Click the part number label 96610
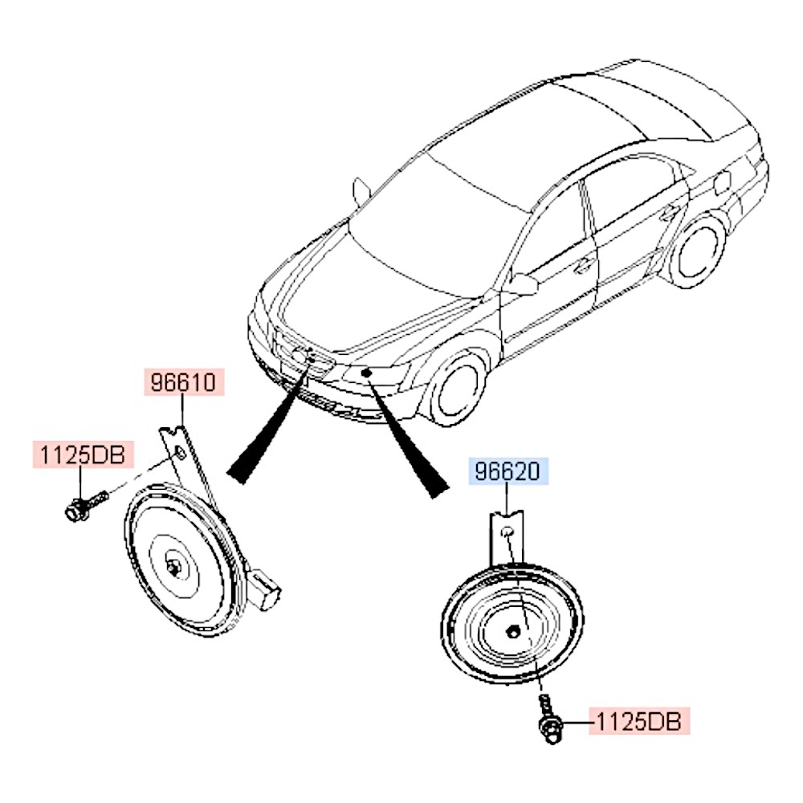(x=183, y=382)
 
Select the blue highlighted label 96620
(x=507, y=471)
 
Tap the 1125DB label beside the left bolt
(x=79, y=454)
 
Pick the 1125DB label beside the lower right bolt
(x=639, y=722)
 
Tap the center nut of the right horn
(x=513, y=631)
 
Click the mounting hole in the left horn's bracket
(x=181, y=455)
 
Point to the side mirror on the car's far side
(x=361, y=192)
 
